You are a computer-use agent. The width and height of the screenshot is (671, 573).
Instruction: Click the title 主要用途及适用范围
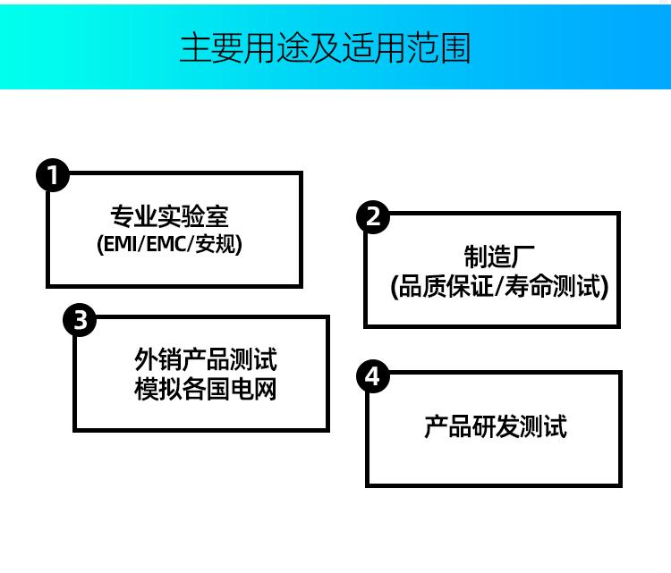tap(326, 48)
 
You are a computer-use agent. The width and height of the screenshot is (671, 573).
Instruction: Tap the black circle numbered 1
tap(53, 175)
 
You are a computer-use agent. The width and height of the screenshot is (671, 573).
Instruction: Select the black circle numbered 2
tap(373, 217)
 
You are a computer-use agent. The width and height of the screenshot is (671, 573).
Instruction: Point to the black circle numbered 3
tap(80, 319)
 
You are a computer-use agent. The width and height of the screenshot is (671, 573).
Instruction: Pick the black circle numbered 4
tap(373, 376)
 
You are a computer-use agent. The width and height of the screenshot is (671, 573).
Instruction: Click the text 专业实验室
tap(169, 216)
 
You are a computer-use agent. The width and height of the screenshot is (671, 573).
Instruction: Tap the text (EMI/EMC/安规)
tap(169, 244)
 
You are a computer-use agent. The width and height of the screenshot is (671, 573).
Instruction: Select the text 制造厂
tap(499, 257)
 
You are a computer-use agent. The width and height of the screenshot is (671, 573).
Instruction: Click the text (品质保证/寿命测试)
tap(499, 286)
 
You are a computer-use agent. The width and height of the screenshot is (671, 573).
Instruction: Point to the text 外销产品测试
tap(206, 359)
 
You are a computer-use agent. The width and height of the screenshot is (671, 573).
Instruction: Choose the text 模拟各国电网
tap(206, 389)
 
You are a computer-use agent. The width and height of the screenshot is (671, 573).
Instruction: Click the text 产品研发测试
tap(496, 426)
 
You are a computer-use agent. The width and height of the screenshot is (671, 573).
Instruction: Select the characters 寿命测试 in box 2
tap(553, 286)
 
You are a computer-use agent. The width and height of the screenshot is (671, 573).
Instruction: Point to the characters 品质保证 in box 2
tap(446, 286)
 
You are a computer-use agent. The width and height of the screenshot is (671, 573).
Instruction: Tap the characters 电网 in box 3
tap(254, 389)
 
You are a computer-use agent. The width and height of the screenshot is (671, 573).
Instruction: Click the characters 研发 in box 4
tap(495, 426)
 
